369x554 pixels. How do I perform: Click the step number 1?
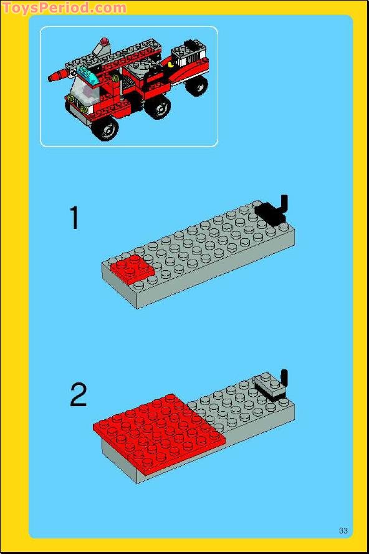75,218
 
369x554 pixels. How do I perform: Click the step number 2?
79,395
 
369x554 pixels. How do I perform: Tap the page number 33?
343,531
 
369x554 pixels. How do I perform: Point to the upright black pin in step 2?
284,378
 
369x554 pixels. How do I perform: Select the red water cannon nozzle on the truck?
58,76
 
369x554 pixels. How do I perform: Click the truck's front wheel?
106,129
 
